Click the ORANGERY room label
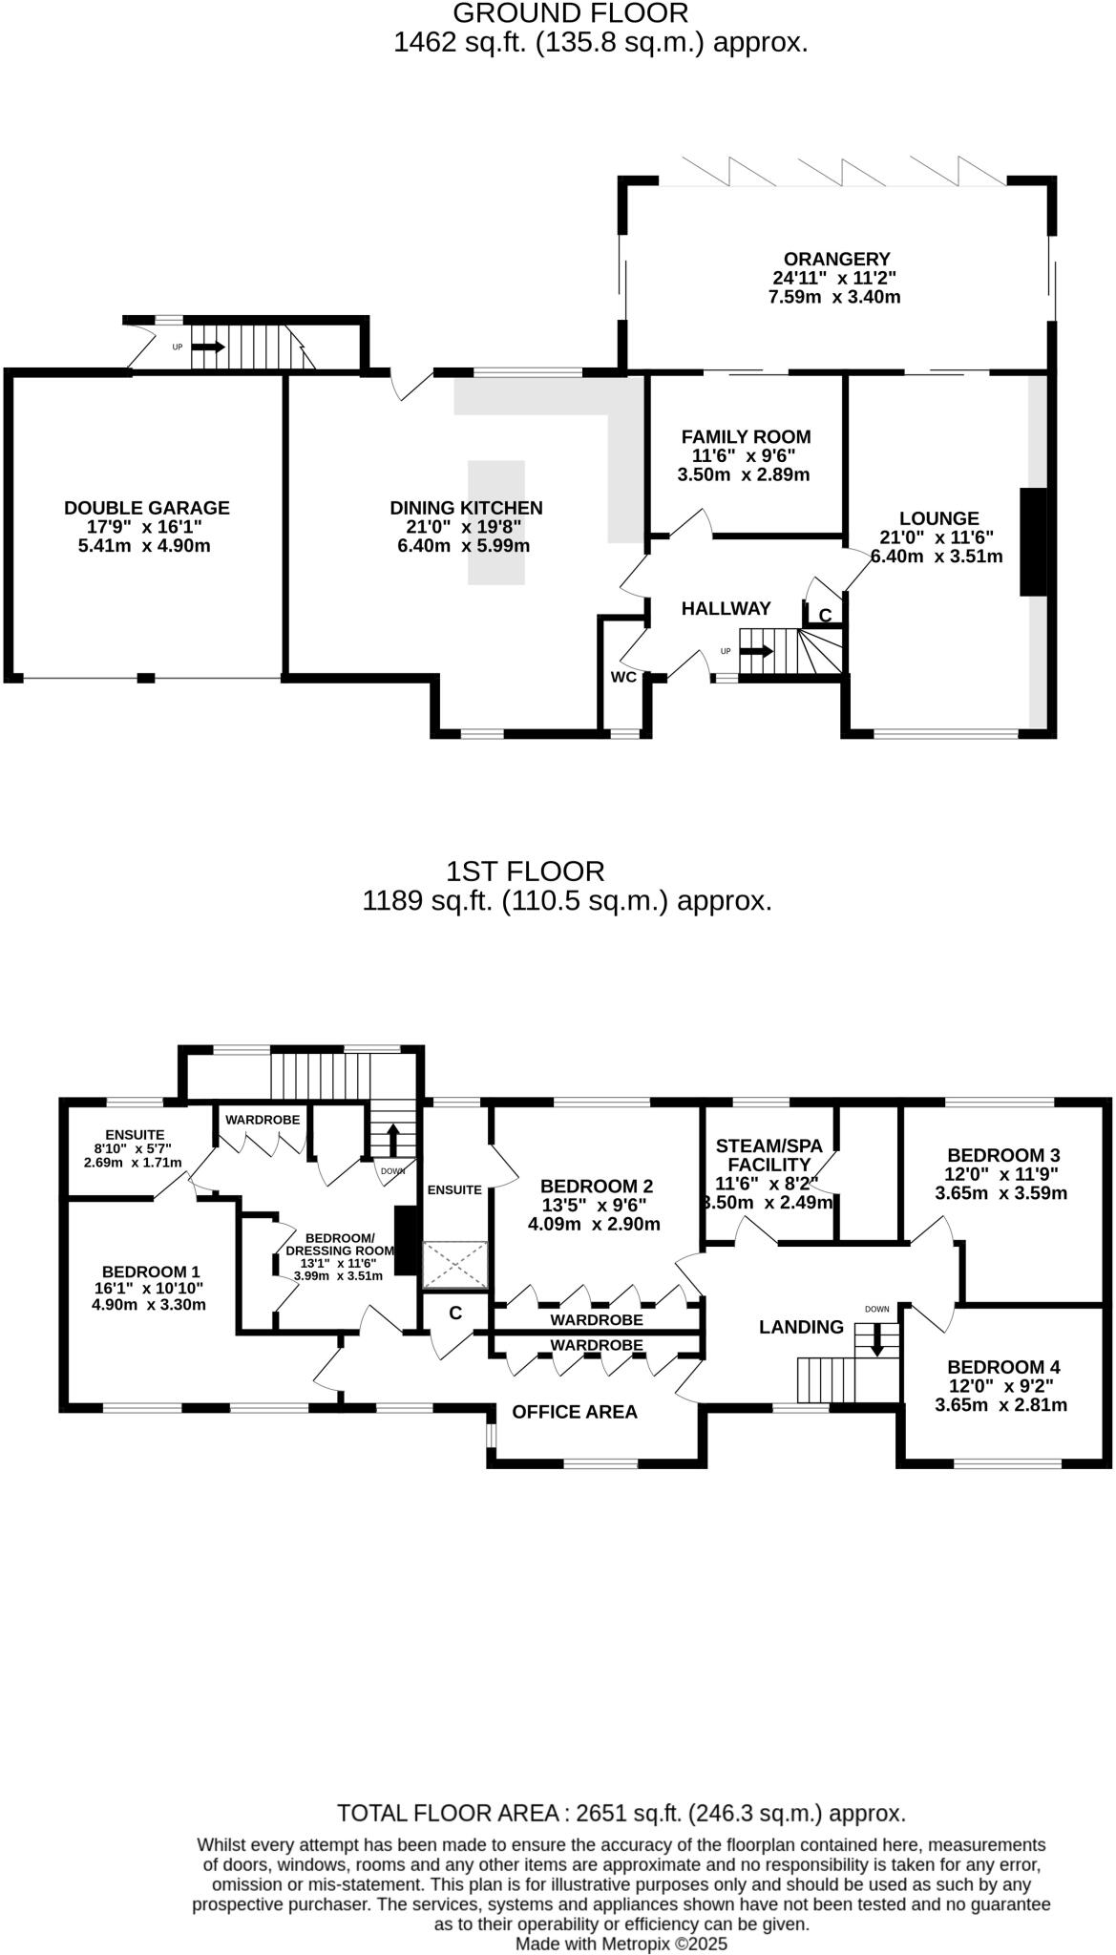[x=836, y=259]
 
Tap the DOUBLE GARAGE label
[x=146, y=508]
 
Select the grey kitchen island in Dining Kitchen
[x=495, y=522]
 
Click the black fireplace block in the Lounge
[x=1033, y=542]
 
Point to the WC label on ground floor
[x=623, y=677]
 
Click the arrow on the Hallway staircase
[x=757, y=651]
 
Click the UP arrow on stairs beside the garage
[x=209, y=347]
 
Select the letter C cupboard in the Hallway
[x=825, y=616]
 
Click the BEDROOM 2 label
[x=596, y=1186]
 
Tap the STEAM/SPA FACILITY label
[x=769, y=1155]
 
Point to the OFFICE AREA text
[x=574, y=1412]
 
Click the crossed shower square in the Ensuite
[x=455, y=1265]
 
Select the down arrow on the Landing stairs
[x=875, y=1344]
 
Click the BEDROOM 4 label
[x=1003, y=1367]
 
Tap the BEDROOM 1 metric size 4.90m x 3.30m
[x=149, y=1304]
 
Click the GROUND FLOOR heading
[x=570, y=13]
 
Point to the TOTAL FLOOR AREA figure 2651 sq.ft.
[x=621, y=1813]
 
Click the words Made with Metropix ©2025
[x=621, y=1944]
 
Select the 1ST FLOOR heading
[x=525, y=871]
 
